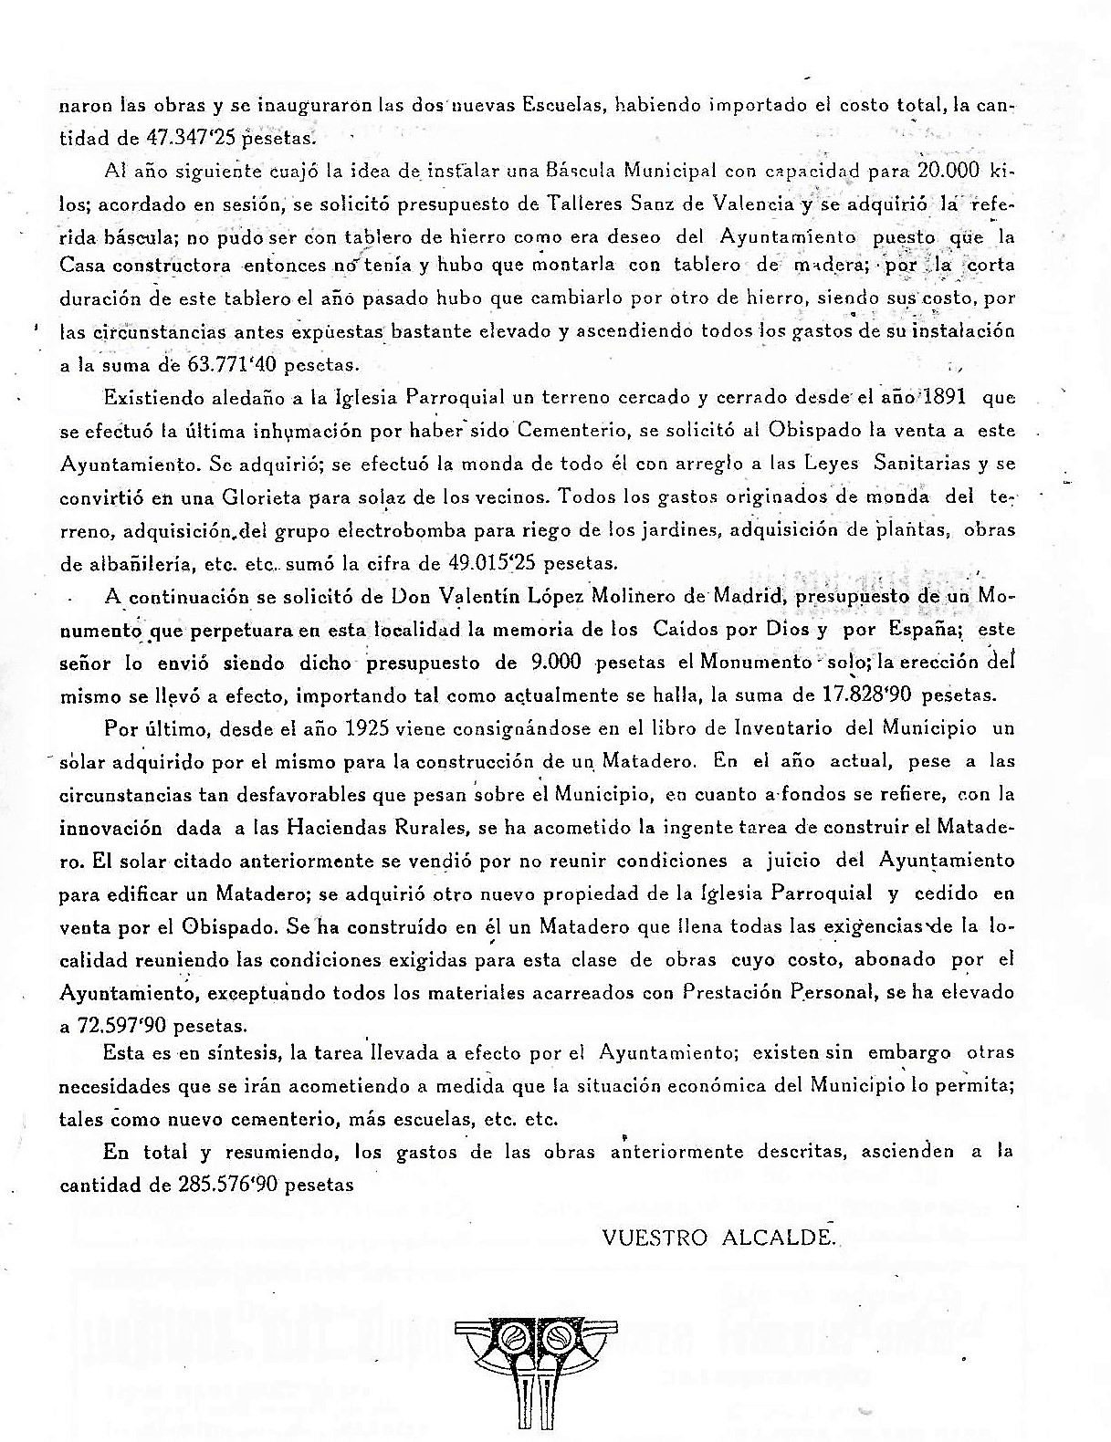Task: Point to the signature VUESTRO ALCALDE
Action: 718,1238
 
